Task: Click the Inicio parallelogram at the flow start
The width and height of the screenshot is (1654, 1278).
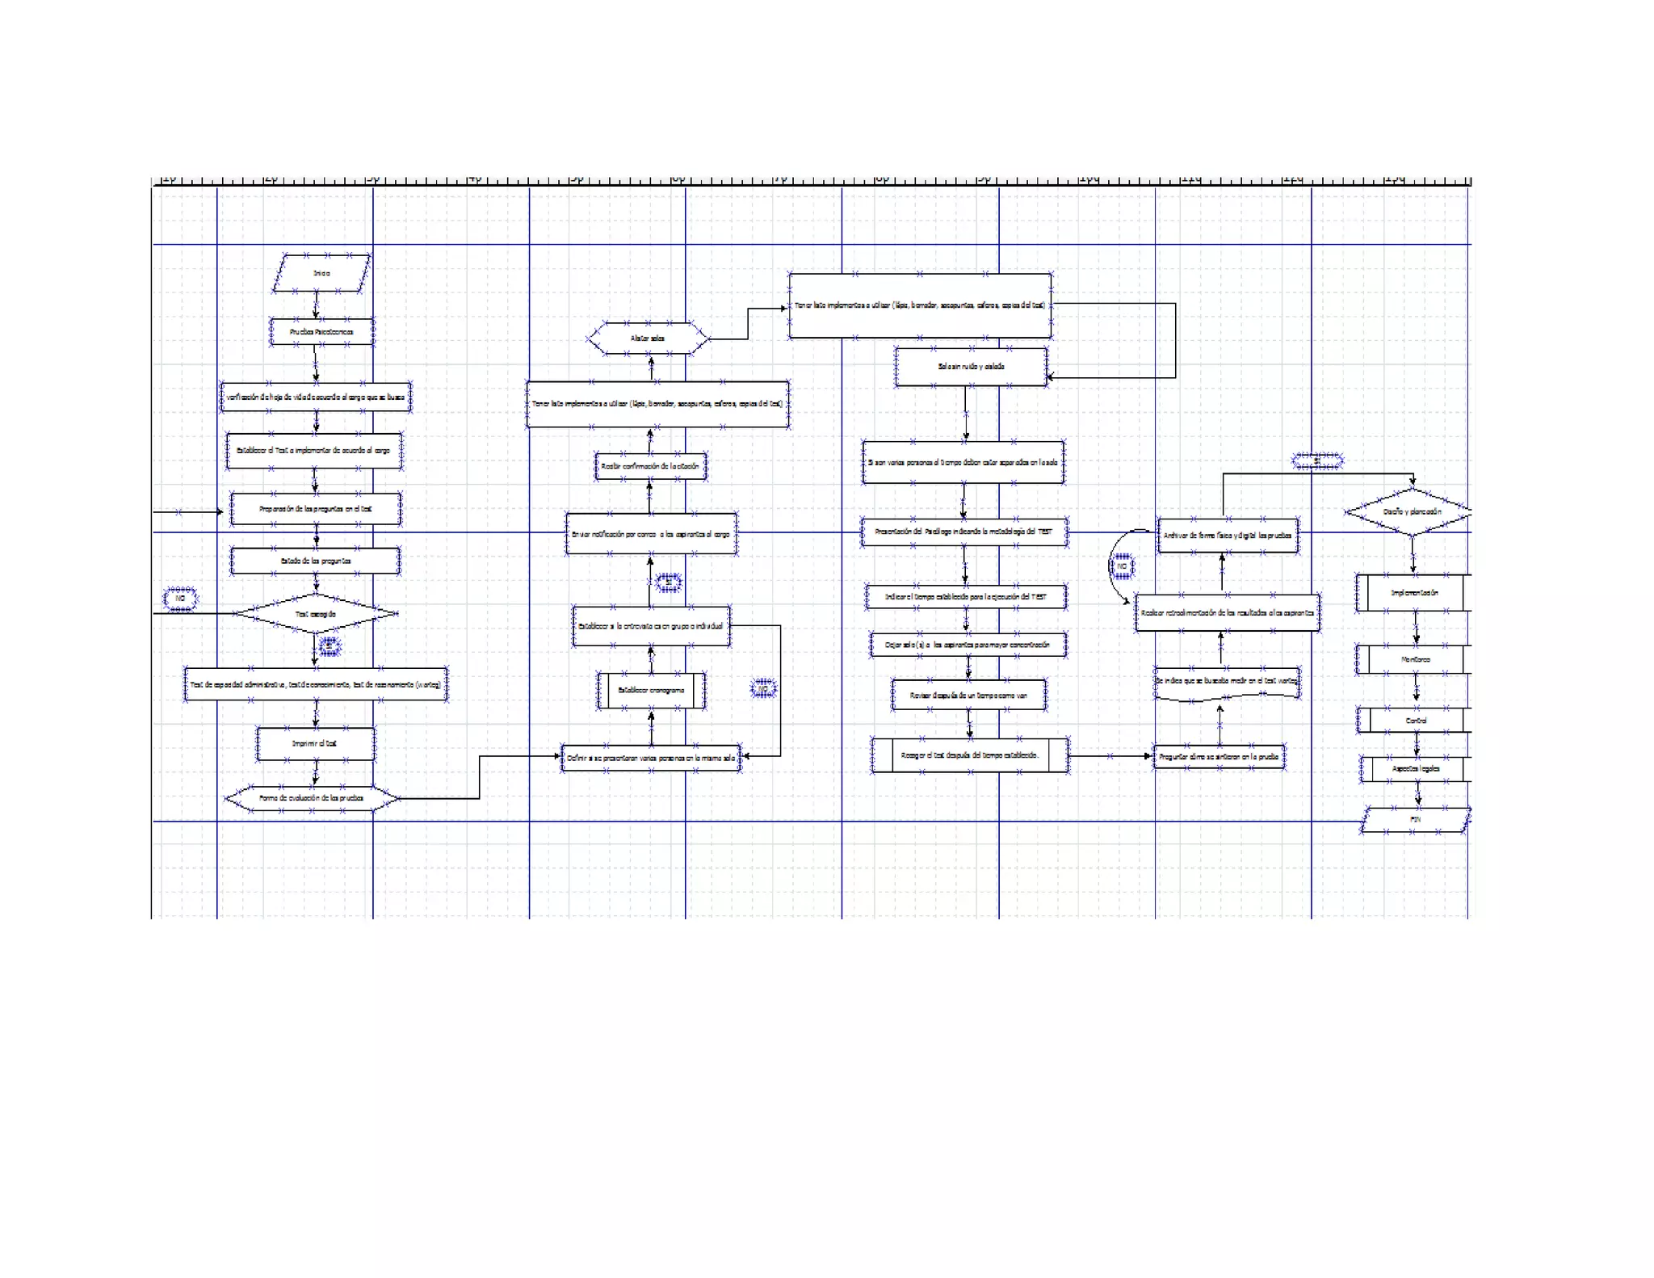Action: pyautogui.click(x=321, y=273)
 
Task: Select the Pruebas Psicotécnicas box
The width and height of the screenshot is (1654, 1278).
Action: pyautogui.click(x=321, y=332)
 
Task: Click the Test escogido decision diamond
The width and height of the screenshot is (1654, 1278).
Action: pyautogui.click(x=315, y=614)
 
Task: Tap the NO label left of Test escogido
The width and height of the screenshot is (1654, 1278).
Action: pyautogui.click(x=180, y=599)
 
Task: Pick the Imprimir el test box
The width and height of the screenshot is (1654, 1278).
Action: pyautogui.click(x=315, y=743)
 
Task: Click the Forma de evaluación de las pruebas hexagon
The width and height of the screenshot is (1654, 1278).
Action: pyautogui.click(x=312, y=798)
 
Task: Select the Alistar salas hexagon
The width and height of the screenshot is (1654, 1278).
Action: pyautogui.click(x=648, y=338)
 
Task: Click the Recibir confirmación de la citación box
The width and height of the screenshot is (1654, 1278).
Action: pyautogui.click(x=650, y=466)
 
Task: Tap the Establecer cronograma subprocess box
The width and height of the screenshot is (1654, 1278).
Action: pyautogui.click(x=651, y=691)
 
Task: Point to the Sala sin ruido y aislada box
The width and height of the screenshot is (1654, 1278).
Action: pyautogui.click(x=971, y=367)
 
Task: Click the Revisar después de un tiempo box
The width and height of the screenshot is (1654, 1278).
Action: pyautogui.click(x=968, y=695)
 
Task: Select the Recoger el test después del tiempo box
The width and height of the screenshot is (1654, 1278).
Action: pyautogui.click(x=969, y=755)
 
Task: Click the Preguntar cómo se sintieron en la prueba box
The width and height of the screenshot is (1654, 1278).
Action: pyautogui.click(x=1219, y=757)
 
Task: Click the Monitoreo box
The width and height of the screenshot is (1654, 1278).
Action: pyautogui.click(x=1415, y=659)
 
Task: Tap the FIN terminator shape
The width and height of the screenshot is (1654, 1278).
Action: pyautogui.click(x=1415, y=819)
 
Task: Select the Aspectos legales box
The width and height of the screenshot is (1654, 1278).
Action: pyautogui.click(x=1417, y=769)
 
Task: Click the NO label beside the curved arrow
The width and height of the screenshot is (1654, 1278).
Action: pyautogui.click(x=1122, y=566)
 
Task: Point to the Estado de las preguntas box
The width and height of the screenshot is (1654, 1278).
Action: pyautogui.click(x=315, y=561)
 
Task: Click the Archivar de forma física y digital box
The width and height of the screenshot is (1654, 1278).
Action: pyautogui.click(x=1228, y=536)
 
